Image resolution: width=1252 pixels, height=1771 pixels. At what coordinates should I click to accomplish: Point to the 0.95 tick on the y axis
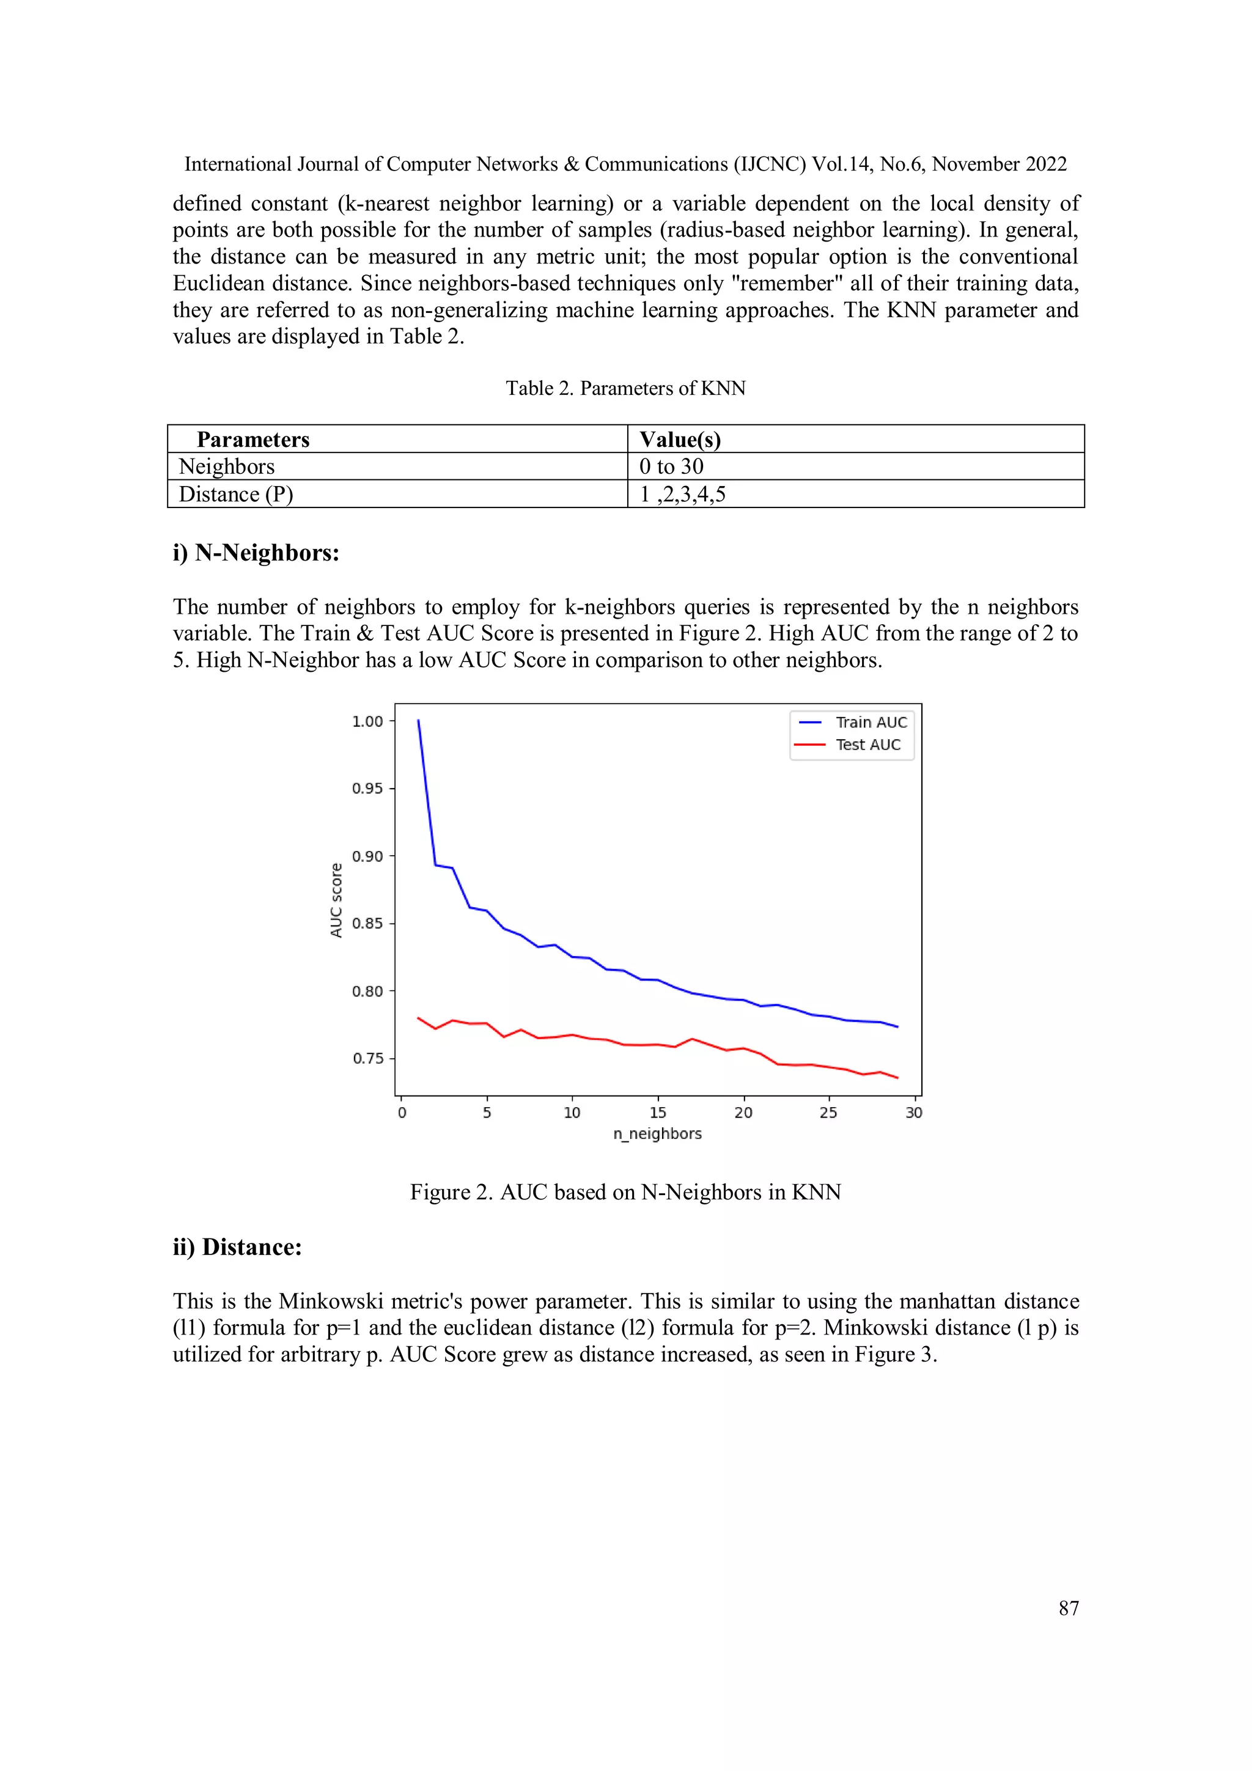(x=367, y=789)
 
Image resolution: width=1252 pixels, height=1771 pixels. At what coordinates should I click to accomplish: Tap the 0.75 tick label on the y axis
(x=367, y=1058)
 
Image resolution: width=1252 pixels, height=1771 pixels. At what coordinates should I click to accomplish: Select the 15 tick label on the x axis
(x=657, y=1112)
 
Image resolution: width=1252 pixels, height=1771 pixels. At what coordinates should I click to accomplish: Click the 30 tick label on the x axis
(x=913, y=1112)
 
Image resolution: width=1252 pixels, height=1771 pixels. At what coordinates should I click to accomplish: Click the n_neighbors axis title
(x=657, y=1134)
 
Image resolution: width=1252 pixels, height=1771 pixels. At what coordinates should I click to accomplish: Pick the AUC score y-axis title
(x=336, y=900)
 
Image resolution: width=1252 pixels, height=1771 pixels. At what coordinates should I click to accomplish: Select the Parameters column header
(x=253, y=440)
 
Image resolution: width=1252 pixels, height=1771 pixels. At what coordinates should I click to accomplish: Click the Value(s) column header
(x=680, y=440)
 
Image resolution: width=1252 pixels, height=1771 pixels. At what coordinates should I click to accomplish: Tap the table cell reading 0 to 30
(x=671, y=466)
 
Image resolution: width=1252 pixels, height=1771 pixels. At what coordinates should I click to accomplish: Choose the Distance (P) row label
(x=236, y=495)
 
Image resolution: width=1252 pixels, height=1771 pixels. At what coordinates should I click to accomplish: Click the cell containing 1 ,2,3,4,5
(x=683, y=495)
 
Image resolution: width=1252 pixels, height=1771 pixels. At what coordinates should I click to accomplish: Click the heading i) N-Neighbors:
(x=256, y=553)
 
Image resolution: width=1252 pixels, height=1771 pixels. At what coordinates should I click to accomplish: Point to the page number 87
(x=1069, y=1608)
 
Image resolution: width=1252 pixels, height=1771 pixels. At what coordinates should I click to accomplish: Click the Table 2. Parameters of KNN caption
(x=625, y=388)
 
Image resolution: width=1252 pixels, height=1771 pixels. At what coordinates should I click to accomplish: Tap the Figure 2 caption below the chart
(x=625, y=1193)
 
